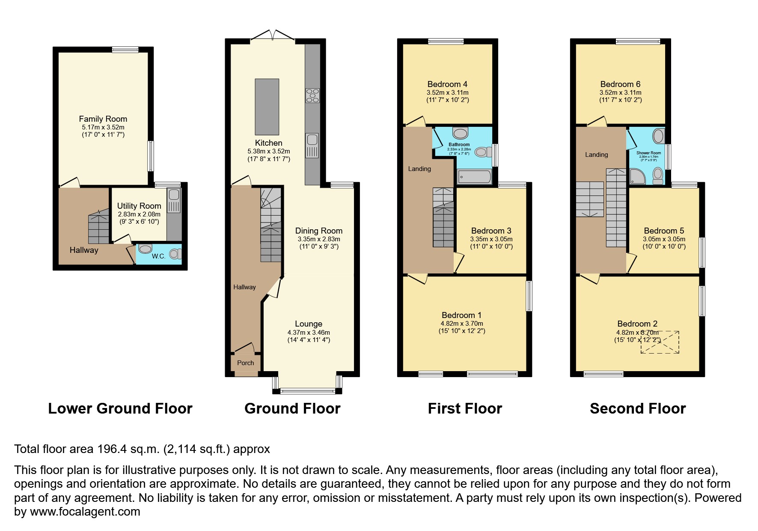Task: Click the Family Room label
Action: pyautogui.click(x=103, y=119)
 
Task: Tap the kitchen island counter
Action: pyautogui.click(x=267, y=107)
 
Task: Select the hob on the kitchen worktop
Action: pyautogui.click(x=312, y=96)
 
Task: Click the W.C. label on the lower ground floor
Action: pyautogui.click(x=158, y=256)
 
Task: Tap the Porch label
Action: pyautogui.click(x=245, y=363)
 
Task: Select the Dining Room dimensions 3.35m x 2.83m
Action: pyautogui.click(x=319, y=239)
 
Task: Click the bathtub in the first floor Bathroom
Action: pyautogui.click(x=474, y=177)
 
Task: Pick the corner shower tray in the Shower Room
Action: pyautogui.click(x=637, y=176)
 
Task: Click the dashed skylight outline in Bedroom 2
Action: pyautogui.click(x=660, y=342)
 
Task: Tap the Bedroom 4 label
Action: pyautogui.click(x=447, y=84)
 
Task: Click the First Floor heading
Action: pyautogui.click(x=465, y=408)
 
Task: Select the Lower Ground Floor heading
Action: pyautogui.click(x=120, y=408)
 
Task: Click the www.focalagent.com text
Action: pyautogui.click(x=85, y=512)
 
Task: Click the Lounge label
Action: pyautogui.click(x=308, y=324)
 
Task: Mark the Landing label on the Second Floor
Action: pyautogui.click(x=596, y=155)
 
